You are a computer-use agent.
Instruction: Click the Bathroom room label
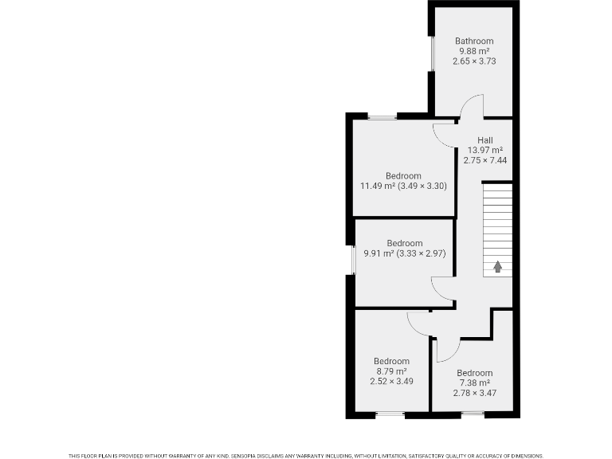coord(474,41)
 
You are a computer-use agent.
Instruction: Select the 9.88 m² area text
coord(474,51)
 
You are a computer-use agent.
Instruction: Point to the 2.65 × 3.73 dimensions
coord(474,61)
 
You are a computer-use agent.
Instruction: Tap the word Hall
coord(484,140)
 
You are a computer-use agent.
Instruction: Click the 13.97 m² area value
coord(484,150)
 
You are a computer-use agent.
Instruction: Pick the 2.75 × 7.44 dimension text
coord(484,160)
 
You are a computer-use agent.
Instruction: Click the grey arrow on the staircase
coord(497,267)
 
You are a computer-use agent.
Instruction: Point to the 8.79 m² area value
coord(391,371)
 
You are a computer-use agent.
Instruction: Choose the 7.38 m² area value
coord(474,382)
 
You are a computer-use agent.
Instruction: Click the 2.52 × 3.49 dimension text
coord(391,382)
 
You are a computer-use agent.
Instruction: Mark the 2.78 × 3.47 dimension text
coord(474,393)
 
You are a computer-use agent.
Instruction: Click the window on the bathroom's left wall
coord(431,54)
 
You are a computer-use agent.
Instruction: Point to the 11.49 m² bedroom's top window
coord(382,117)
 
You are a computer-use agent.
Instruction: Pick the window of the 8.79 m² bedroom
coord(390,414)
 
